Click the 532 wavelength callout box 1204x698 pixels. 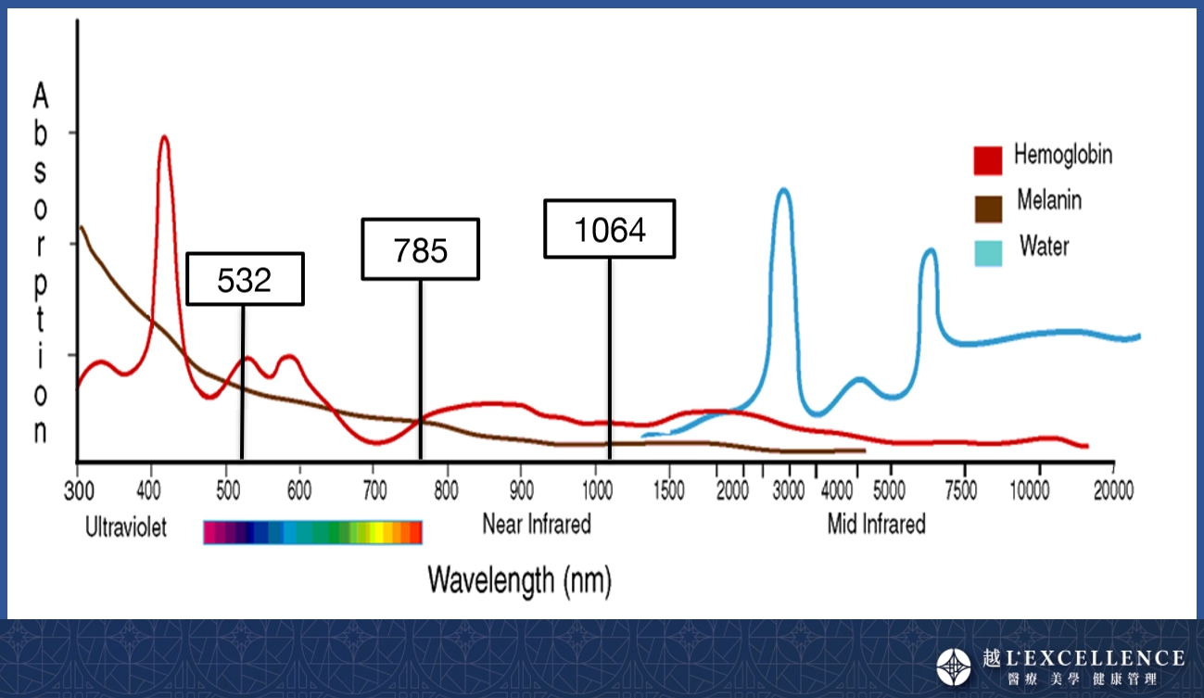tap(245, 279)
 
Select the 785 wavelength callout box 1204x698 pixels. tap(420, 249)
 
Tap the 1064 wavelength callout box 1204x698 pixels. tap(609, 229)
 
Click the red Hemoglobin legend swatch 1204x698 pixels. tap(987, 160)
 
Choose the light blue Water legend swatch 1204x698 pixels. tap(987, 251)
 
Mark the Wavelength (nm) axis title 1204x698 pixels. tap(519, 580)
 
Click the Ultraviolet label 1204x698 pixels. tap(126, 528)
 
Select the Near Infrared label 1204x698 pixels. tap(536, 525)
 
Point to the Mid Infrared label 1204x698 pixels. tap(876, 525)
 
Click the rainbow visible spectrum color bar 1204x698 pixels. tap(312, 532)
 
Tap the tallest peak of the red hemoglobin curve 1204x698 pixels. tap(164, 138)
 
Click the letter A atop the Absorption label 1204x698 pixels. tap(40, 95)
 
